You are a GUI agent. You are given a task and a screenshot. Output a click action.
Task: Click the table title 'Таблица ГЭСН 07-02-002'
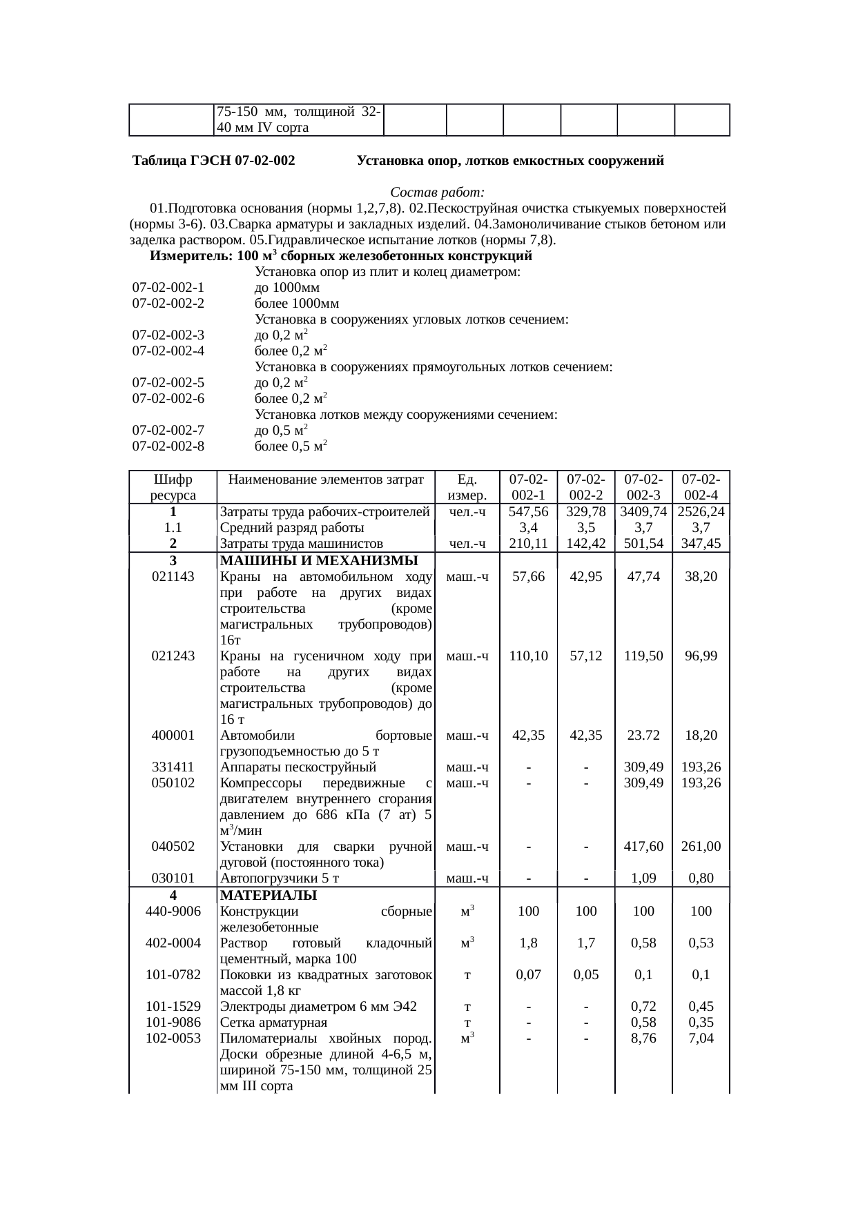pos(214,161)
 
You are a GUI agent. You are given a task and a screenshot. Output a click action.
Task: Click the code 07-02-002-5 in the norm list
pos(168,382)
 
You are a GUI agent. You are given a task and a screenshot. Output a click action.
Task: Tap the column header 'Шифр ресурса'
pos(173,487)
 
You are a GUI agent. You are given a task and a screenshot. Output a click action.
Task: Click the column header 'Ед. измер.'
pos(467,487)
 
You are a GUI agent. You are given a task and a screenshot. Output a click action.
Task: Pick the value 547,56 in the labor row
pos(528,512)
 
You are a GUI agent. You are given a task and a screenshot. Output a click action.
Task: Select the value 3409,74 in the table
pos(643,512)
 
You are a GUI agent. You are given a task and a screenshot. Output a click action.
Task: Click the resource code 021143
pos(173,576)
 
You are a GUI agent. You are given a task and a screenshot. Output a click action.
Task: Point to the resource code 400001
pos(173,736)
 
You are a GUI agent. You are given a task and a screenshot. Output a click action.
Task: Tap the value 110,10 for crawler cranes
pos(528,656)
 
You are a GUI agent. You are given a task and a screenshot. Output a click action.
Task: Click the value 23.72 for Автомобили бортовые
pos(643,736)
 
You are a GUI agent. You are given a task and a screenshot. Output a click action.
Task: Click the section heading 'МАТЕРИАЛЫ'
pos(268,896)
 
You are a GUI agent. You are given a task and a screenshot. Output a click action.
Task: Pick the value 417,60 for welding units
pos(643,847)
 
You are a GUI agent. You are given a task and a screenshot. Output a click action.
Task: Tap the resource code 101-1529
pos(173,1007)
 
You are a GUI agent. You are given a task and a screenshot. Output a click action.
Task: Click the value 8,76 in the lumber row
pos(643,1038)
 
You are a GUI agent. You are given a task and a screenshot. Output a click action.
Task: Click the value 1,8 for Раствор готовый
pos(528,943)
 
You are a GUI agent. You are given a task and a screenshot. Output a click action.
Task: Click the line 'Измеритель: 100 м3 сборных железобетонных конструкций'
pos(341,256)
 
